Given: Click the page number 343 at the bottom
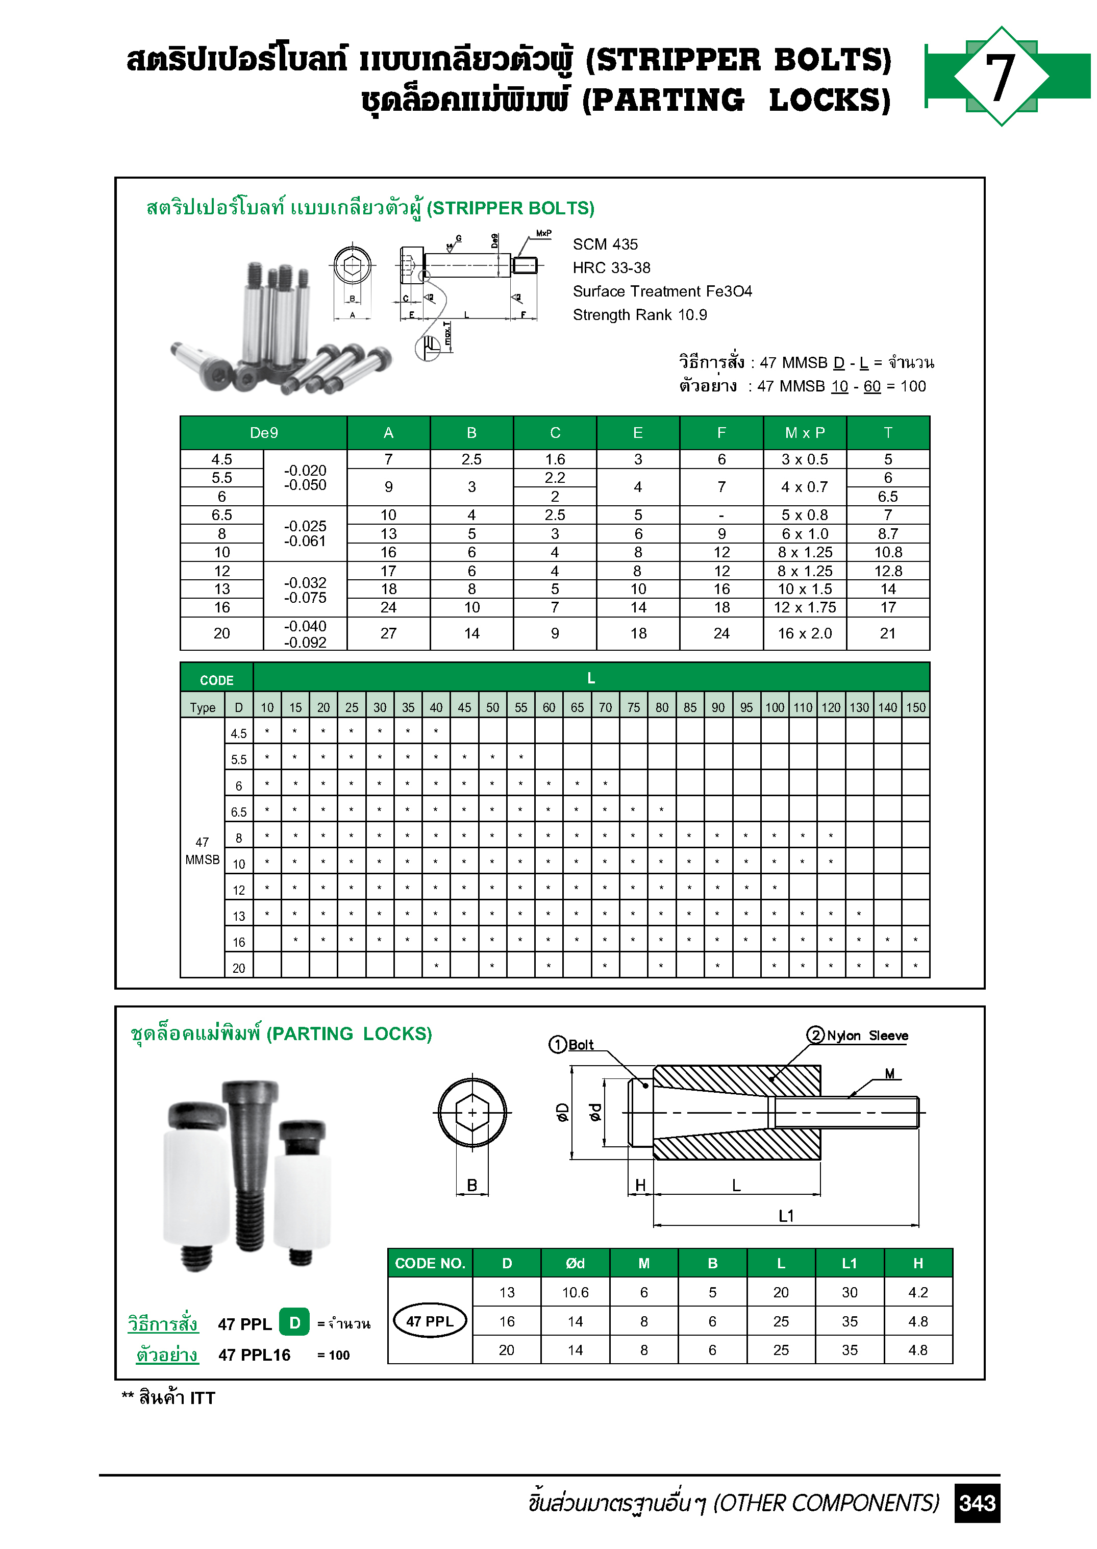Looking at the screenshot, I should [977, 1503].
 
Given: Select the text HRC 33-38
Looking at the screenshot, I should [611, 267].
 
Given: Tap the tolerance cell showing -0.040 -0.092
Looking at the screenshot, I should [305, 634].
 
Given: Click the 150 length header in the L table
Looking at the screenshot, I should [915, 707].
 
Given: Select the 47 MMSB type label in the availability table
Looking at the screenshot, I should [202, 850].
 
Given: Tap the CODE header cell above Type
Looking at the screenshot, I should [216, 680].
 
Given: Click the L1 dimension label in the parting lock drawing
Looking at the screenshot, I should [786, 1216].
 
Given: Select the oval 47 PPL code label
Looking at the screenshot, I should [429, 1321].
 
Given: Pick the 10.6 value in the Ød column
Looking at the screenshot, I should [575, 1292].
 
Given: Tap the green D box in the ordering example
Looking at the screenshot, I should [294, 1323].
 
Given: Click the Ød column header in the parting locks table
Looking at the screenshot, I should [575, 1263].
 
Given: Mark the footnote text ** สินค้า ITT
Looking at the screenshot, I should [168, 1398].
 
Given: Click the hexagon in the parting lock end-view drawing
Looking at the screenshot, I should [471, 1112].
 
